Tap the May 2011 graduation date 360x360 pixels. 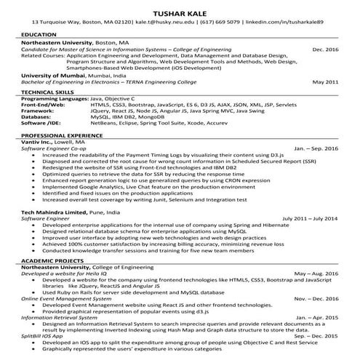click(326, 83)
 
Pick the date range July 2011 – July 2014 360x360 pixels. click(309, 217)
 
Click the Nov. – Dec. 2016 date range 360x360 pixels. click(316, 299)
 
